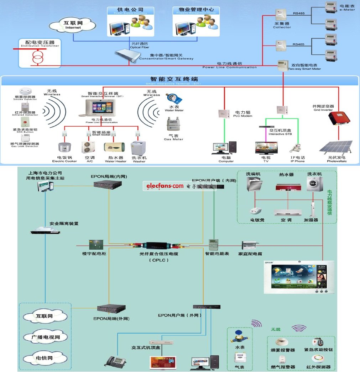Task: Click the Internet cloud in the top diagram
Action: (73, 25)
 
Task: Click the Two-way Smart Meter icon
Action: (283, 65)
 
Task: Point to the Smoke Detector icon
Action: (25, 90)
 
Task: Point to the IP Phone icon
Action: (296, 148)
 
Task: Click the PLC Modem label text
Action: (242, 114)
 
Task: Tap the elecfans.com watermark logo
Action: (163, 186)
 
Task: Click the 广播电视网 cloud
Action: (44, 337)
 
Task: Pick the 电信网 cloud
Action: (44, 358)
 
